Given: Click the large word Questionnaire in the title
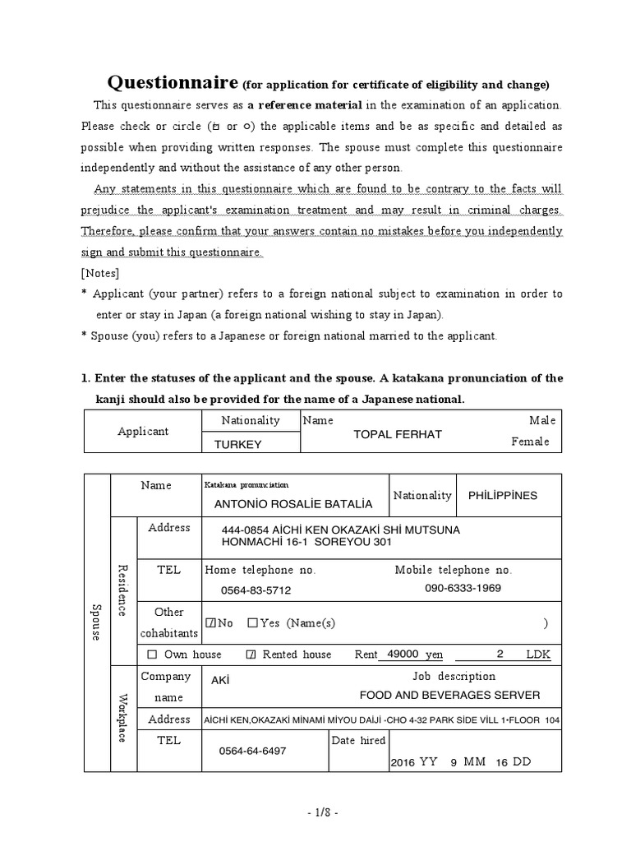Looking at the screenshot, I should [x=173, y=83].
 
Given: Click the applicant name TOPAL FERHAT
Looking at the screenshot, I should [x=397, y=434].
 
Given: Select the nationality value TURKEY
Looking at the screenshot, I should [x=237, y=444].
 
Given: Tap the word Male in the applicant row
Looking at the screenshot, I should [x=542, y=420].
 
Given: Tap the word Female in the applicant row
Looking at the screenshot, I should [x=530, y=442].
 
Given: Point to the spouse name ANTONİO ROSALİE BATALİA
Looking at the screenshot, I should [x=292, y=503].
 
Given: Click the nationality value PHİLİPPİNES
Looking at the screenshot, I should [x=502, y=496].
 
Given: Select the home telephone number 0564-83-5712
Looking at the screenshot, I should [x=256, y=590].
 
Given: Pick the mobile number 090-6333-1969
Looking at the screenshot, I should [x=463, y=588].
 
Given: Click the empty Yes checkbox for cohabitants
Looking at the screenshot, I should [x=252, y=623].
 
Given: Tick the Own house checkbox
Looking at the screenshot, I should [x=152, y=655].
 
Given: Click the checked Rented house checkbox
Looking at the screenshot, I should [x=251, y=655].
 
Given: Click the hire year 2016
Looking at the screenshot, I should [x=403, y=762].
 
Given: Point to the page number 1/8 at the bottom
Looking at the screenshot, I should [x=315, y=812].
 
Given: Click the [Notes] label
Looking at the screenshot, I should [x=99, y=273].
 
